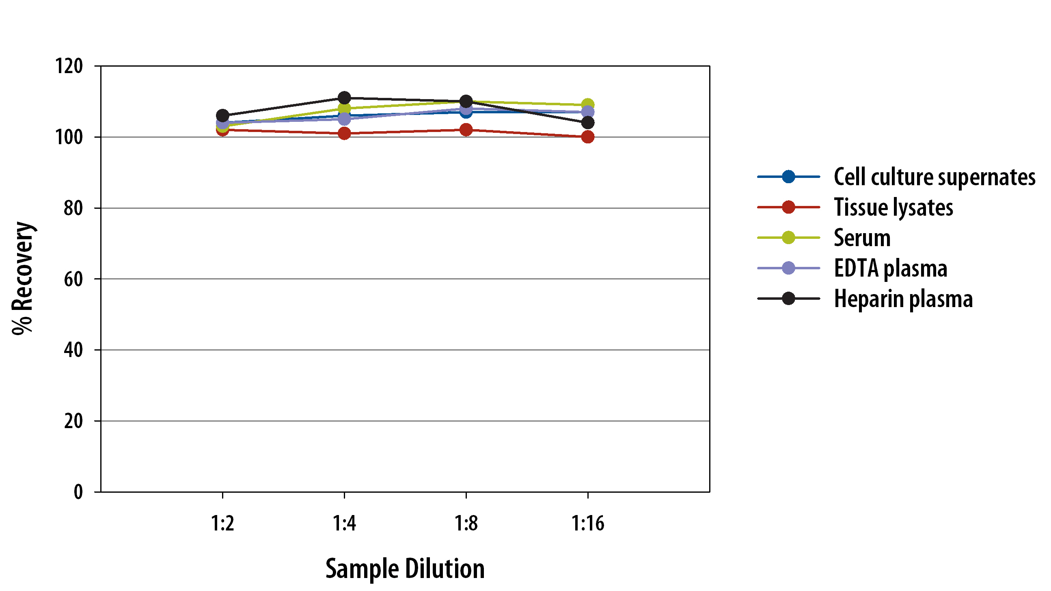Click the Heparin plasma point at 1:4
pos(344,98)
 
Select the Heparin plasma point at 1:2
pos(222,115)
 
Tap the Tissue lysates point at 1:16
pos(587,137)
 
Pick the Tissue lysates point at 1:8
pos(466,130)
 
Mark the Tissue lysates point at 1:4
pos(344,133)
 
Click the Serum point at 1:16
pos(587,105)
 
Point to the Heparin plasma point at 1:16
pos(587,122)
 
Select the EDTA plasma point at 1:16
pos(587,112)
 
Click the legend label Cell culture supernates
pos(934,178)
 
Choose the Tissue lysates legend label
pos(893,208)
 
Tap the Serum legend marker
pos(789,238)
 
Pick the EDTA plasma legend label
pos(890,268)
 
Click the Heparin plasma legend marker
pos(789,299)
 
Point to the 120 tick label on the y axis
pos(69,66)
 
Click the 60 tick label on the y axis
pos(73,279)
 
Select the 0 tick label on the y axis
pos(78,492)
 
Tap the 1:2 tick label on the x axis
pos(222,523)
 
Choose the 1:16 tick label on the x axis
pos(587,523)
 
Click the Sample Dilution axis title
pos(405,569)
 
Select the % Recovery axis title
pos(23,278)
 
